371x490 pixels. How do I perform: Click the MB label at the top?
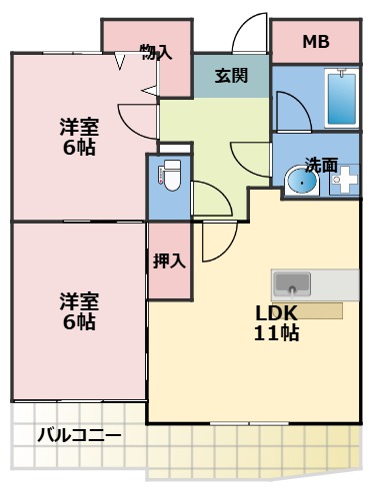click(x=316, y=42)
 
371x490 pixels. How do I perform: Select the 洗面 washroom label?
click(x=321, y=164)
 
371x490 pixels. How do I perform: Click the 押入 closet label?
click(x=169, y=261)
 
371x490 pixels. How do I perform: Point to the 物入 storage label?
click(x=156, y=51)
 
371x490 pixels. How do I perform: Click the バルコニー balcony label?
click(x=80, y=436)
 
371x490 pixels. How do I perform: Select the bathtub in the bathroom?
click(x=341, y=98)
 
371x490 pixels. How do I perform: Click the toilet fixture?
click(x=169, y=177)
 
